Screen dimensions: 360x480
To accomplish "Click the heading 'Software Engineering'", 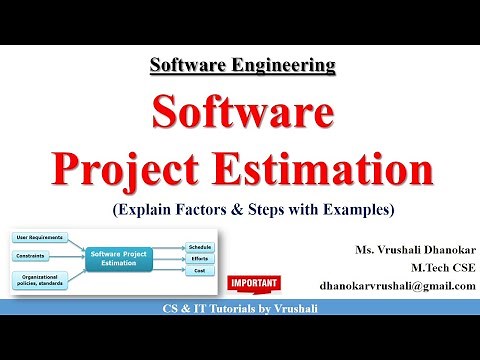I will pyautogui.click(x=242, y=66).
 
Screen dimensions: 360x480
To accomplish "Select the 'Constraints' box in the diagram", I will pyautogui.click(x=34, y=255).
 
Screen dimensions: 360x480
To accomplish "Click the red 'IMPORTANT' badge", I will pyautogui.click(x=250, y=283).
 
